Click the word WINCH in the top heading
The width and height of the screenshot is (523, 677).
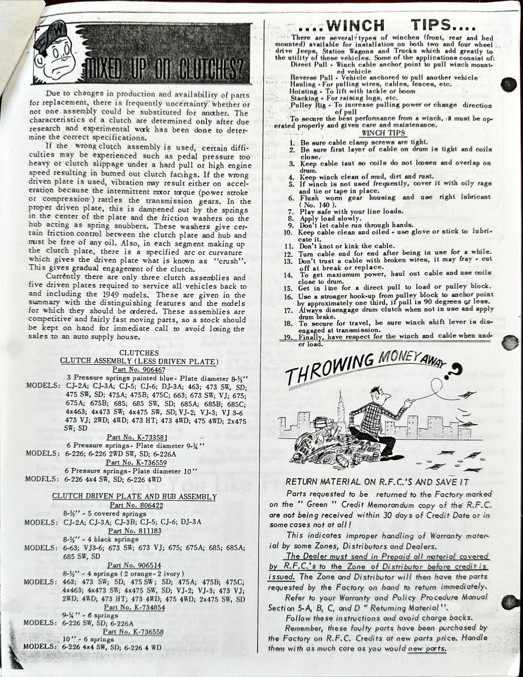[x=355, y=25]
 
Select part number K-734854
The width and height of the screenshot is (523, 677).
[x=135, y=607]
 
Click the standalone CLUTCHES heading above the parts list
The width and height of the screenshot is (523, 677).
[x=139, y=353]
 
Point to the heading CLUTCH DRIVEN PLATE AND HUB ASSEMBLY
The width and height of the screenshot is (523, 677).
[x=134, y=496]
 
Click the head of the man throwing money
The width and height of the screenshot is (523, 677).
[x=376, y=393]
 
